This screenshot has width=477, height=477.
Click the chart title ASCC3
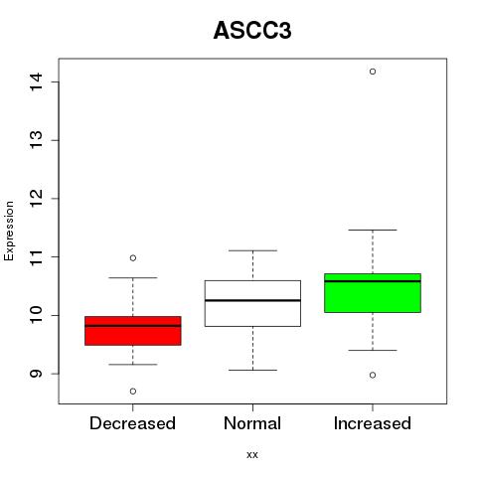tap(252, 31)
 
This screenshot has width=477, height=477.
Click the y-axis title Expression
tap(9, 231)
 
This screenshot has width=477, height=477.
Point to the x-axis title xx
tap(252, 454)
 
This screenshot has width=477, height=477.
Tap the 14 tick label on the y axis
tap(37, 81)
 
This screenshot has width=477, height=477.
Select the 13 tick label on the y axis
tap(37, 140)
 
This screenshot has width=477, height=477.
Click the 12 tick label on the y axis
tap(37, 199)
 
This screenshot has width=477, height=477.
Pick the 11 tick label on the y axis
tap(37, 256)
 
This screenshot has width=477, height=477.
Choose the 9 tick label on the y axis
tap(37, 374)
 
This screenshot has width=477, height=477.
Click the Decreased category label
tap(132, 423)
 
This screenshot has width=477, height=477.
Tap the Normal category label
tap(252, 423)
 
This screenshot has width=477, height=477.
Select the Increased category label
tap(373, 423)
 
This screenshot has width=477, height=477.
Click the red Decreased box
tap(133, 331)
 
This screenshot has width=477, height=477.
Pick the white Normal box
tap(252, 303)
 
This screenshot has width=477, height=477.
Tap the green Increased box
tap(373, 293)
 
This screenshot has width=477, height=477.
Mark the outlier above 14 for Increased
tap(373, 72)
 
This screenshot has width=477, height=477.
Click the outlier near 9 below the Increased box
tap(373, 375)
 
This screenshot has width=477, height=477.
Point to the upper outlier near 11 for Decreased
tap(133, 258)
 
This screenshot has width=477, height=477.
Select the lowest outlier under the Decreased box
tap(133, 392)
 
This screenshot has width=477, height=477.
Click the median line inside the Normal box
tap(252, 300)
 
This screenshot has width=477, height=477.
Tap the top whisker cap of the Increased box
tap(373, 230)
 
